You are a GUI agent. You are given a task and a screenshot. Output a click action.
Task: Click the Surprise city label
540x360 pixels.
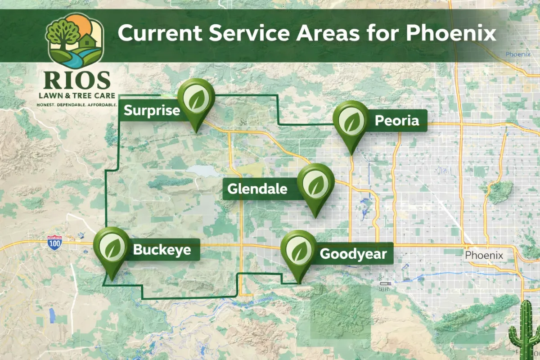pyautogui.click(x=151, y=111)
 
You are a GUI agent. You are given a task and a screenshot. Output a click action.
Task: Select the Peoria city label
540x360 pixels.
pyautogui.click(x=396, y=121)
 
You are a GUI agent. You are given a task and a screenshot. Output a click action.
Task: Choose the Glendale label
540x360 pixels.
pyautogui.click(x=257, y=189)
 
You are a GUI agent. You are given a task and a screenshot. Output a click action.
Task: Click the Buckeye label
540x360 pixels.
pyautogui.click(x=162, y=250)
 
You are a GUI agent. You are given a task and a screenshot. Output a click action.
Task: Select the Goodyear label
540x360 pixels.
pyautogui.click(x=353, y=254)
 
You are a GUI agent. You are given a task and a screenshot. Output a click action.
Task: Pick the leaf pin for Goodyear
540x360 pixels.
pyautogui.click(x=299, y=250)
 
